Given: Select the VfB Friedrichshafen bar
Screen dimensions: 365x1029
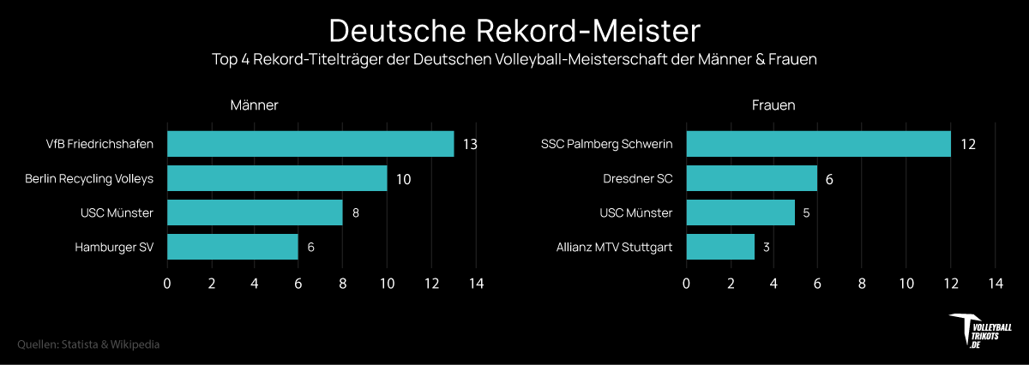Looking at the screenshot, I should (x=310, y=144).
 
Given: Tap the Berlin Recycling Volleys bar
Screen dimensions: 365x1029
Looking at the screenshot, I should (x=277, y=178).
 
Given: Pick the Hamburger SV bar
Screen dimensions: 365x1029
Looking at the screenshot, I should (x=232, y=247).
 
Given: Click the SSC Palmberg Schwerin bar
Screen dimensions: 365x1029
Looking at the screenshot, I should (x=818, y=144).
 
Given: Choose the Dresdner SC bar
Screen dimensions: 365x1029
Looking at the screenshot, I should (x=752, y=178).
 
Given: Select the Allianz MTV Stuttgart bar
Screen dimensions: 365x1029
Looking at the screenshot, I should (x=720, y=247).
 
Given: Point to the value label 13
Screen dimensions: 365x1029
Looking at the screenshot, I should (x=470, y=144).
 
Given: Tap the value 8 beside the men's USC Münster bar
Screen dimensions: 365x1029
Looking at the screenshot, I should (x=356, y=212).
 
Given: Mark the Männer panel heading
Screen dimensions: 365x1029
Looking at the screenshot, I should (x=255, y=105).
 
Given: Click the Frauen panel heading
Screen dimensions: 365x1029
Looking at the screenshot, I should (x=773, y=105).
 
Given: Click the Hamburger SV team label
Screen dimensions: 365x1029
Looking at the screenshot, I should (x=114, y=247).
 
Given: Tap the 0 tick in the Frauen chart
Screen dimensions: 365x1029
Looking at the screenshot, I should (x=686, y=284).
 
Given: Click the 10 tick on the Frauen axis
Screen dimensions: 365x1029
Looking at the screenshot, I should (x=906, y=284).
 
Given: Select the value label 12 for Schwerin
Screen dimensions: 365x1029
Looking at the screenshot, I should (x=968, y=144).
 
